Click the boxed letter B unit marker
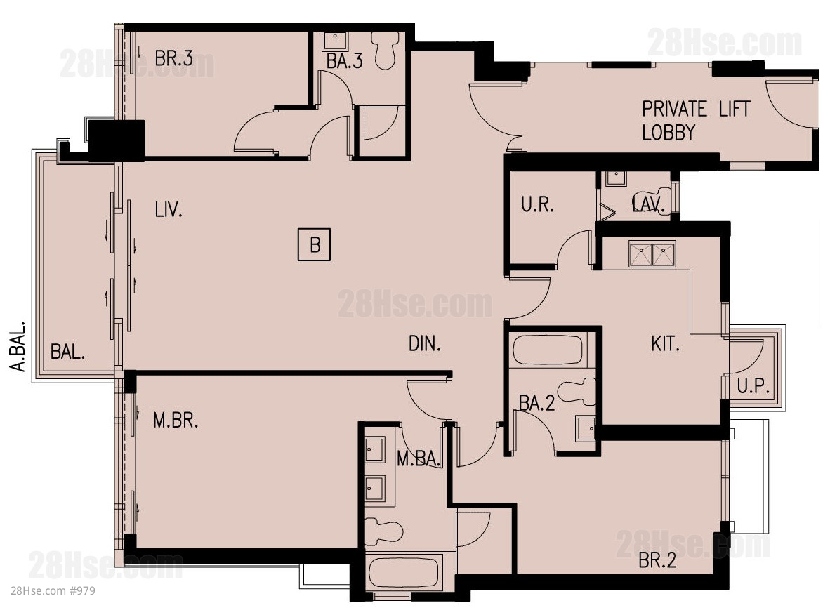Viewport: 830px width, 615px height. coord(315,244)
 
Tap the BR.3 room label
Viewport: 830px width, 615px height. coord(173,58)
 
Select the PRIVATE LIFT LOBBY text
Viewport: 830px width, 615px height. coord(696,120)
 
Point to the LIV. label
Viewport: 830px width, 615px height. coord(169,210)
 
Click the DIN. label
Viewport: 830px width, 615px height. coord(425,344)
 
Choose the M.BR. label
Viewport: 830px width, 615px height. coord(176,421)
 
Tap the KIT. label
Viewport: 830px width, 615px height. coord(666,344)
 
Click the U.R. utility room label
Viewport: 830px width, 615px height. coord(537,204)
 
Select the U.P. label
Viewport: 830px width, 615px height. coord(753,387)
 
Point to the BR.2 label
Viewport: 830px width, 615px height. coord(657,560)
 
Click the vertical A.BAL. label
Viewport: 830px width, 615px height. coord(18,345)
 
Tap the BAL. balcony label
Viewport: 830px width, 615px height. coord(67,352)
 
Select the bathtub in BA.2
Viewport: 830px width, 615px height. coord(547,350)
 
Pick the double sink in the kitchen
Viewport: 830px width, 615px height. coord(652,254)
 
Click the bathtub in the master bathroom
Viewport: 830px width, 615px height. coord(403,571)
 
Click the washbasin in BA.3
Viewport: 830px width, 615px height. coord(334,41)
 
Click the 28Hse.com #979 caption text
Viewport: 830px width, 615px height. coord(53,590)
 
